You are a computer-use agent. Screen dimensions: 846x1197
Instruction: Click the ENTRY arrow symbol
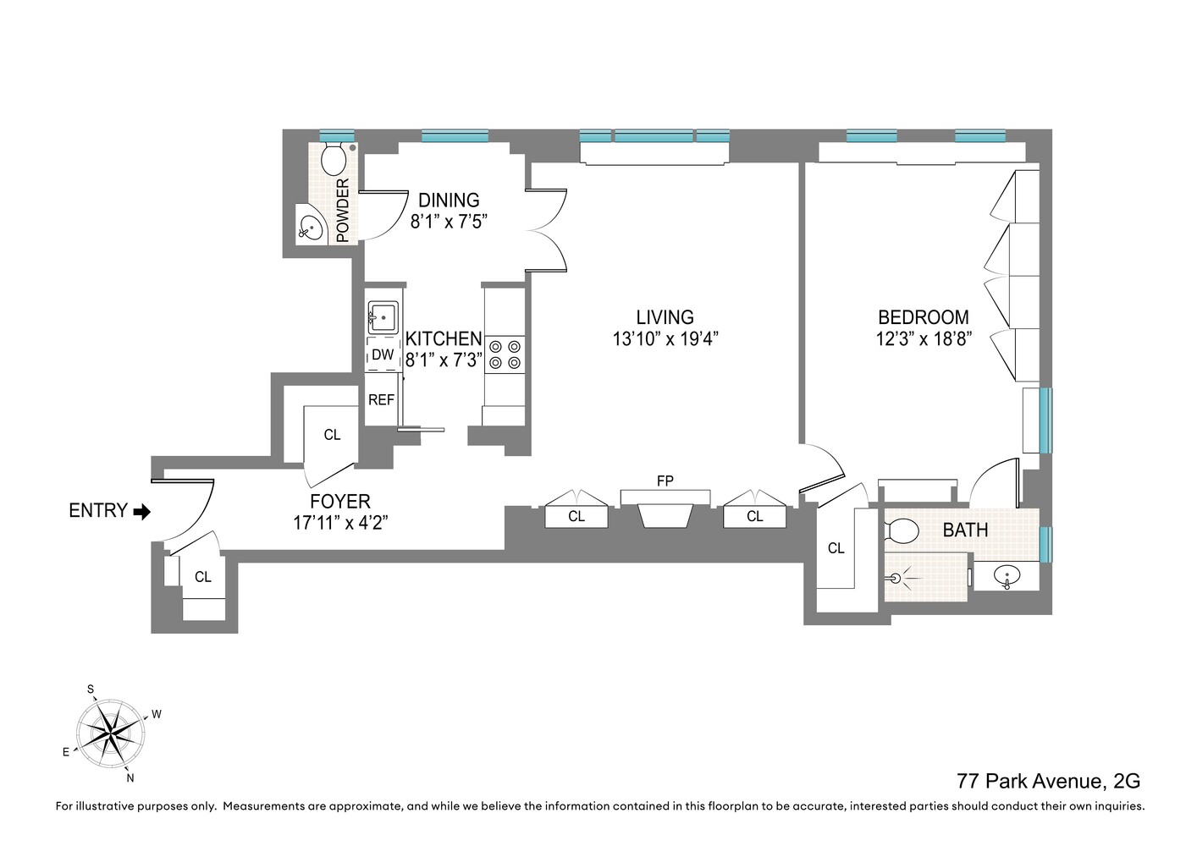click(141, 511)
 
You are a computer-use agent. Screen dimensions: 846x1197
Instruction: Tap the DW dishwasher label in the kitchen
click(383, 354)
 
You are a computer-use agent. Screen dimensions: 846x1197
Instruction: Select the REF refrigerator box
click(381, 399)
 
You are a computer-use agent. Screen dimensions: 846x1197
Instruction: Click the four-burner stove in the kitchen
click(505, 354)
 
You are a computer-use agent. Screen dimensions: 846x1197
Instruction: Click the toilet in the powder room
click(333, 158)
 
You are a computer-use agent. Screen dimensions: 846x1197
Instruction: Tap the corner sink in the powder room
click(312, 227)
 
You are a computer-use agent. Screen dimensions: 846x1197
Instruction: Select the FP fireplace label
click(665, 481)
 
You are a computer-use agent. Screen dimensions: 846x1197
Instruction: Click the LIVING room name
click(665, 317)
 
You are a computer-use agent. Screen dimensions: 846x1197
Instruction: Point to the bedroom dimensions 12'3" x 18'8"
click(923, 339)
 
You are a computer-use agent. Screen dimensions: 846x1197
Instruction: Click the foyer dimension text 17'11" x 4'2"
click(340, 523)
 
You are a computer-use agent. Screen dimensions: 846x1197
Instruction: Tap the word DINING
click(449, 201)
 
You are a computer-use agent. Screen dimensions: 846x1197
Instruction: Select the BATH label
click(965, 530)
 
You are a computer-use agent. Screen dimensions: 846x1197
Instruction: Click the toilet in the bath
click(902, 530)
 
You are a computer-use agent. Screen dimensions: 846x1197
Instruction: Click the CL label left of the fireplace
click(576, 516)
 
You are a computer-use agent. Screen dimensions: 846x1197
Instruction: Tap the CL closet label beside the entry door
click(202, 577)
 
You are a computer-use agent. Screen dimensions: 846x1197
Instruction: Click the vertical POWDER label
click(343, 211)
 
